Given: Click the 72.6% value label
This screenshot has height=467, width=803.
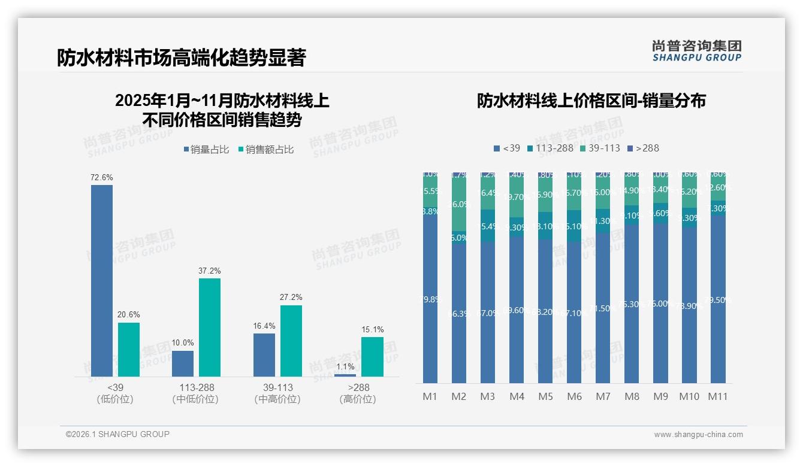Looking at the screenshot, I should (102, 178).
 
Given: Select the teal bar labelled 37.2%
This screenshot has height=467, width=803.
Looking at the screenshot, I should (210, 327).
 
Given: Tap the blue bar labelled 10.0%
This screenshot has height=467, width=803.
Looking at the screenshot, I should (183, 363).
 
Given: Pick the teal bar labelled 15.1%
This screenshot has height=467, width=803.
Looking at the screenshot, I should (372, 356).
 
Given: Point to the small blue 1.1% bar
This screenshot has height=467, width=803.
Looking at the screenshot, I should (345, 375).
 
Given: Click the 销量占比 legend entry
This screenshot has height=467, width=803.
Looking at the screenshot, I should (206, 150).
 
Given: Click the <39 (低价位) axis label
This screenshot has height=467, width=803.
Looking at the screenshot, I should (114, 393).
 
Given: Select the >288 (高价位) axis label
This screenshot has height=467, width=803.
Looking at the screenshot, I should (358, 393).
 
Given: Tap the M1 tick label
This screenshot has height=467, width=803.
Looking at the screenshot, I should (430, 396).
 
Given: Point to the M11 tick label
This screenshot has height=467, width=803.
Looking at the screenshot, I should (718, 396).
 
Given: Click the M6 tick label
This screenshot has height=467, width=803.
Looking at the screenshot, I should (574, 396).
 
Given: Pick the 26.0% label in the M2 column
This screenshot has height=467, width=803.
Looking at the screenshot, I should (459, 204).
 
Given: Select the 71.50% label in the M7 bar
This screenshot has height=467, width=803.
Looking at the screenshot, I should (602, 308).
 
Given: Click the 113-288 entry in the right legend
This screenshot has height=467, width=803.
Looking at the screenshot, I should (550, 148).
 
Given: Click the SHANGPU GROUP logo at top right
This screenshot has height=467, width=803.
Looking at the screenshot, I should (697, 50).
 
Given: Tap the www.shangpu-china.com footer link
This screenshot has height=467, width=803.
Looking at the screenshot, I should (698, 435).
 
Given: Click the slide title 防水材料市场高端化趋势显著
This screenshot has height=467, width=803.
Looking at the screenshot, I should (182, 57).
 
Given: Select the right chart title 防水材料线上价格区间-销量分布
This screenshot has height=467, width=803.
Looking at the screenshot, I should (591, 101).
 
